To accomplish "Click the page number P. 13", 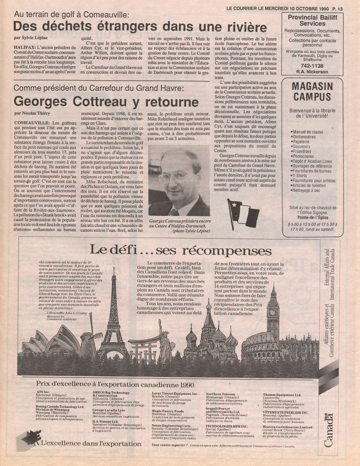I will tap(338, 9).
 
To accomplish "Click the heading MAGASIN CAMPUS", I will tap(312, 92).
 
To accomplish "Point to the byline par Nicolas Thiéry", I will tap(32, 113).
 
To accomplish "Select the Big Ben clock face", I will tap(273, 312).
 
